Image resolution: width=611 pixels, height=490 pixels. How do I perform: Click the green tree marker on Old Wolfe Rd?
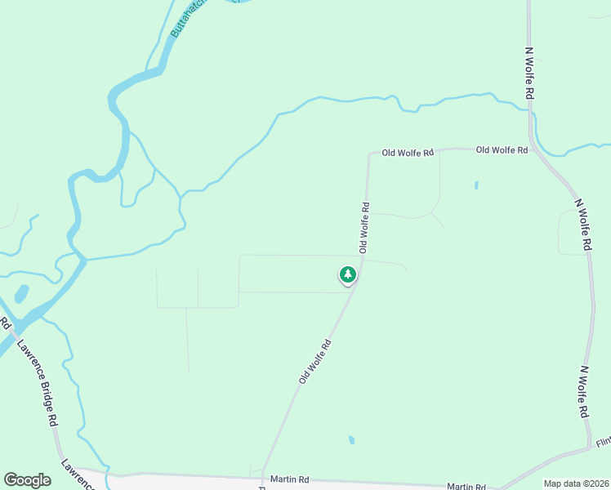coord(348,275)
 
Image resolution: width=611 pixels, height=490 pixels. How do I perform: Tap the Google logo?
coord(27,480)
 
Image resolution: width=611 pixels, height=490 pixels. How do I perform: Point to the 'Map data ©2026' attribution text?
coord(576,483)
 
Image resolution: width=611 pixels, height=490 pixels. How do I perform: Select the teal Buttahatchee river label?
coord(186,19)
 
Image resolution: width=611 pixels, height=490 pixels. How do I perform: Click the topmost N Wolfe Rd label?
coord(529,73)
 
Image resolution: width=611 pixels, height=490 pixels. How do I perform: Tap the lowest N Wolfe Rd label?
coord(583,392)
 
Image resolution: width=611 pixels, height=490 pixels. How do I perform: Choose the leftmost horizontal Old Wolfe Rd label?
coord(407,153)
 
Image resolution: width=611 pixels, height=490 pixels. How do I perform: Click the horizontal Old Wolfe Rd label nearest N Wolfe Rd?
coord(502,149)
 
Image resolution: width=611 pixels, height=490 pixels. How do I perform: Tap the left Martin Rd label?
coord(290,479)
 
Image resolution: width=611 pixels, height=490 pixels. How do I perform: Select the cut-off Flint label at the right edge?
coord(603,442)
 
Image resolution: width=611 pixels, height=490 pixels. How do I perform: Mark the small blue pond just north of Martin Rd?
coord(351,440)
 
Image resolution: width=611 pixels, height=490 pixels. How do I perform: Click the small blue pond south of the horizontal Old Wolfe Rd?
coord(476,185)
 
